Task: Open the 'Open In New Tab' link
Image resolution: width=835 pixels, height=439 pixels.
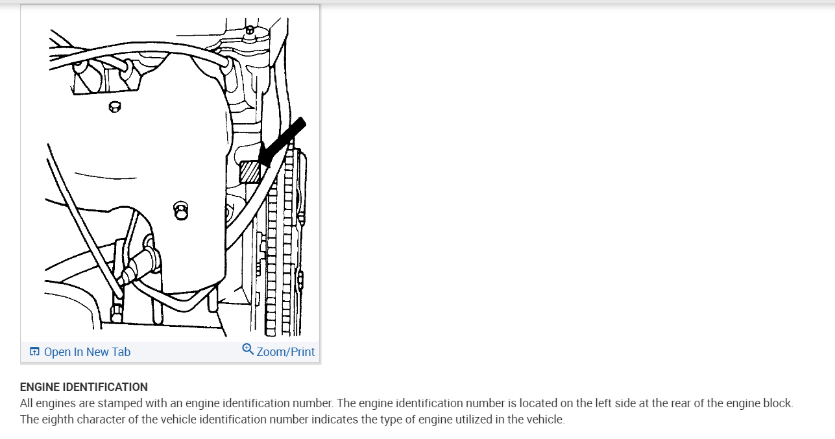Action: pos(87,352)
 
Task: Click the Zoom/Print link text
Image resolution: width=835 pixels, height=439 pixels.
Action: pos(285,352)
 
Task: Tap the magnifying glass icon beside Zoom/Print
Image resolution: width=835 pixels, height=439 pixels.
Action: pos(248,350)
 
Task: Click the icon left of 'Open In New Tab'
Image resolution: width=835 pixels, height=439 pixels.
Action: pos(34,352)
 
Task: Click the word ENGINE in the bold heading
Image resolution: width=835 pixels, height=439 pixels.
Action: pos(40,387)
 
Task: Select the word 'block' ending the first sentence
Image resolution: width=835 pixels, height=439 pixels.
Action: pos(777,403)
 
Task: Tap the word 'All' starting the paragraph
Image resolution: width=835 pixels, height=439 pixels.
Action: pos(28,403)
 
